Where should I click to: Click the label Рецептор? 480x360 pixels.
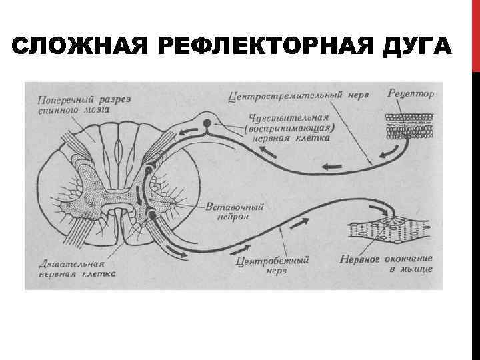point(411,94)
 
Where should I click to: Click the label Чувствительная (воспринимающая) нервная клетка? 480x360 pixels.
point(289,128)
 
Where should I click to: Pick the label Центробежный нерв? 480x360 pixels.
point(273,266)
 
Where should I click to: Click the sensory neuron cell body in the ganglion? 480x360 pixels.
point(207,123)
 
